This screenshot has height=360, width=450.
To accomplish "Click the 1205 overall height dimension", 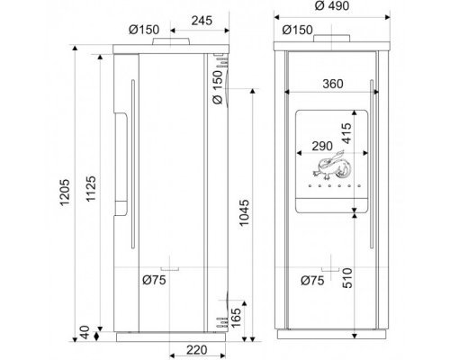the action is (x=65, y=193).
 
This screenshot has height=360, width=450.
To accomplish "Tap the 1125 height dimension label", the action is (x=91, y=188).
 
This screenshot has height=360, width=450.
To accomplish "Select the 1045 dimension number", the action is (x=244, y=212).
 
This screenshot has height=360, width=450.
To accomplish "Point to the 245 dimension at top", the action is (x=202, y=21).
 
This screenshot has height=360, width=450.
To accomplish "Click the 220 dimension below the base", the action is (x=197, y=350).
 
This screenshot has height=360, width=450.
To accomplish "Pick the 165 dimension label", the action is (x=236, y=318).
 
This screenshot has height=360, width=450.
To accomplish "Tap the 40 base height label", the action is (x=85, y=332).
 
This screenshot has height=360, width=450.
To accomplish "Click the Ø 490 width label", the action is (x=332, y=5).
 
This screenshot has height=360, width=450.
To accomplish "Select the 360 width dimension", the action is (x=333, y=84).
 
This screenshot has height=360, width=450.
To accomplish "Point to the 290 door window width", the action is (x=322, y=146).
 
